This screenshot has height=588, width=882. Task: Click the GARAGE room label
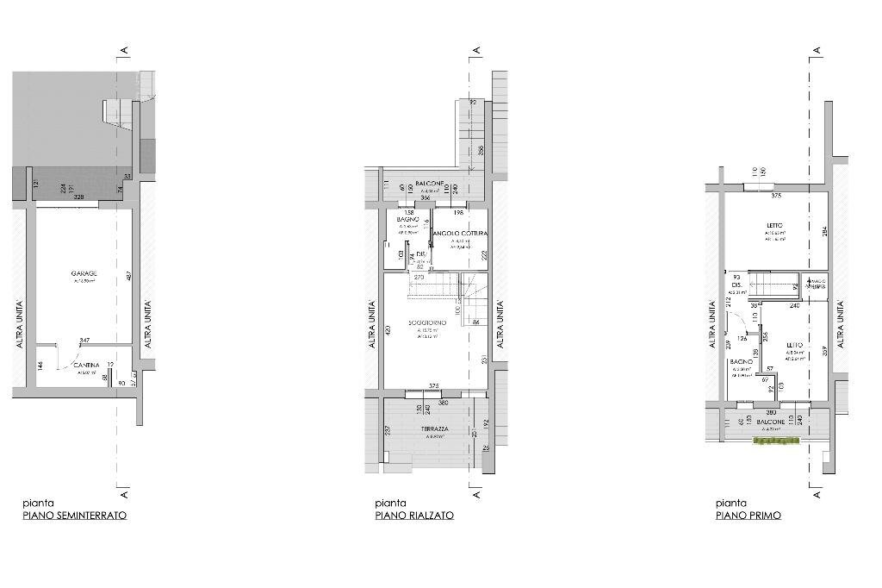[84, 273]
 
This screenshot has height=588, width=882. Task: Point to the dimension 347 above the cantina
[84, 342]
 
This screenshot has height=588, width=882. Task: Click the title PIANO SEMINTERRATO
[75, 516]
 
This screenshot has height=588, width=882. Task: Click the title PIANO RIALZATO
[414, 516]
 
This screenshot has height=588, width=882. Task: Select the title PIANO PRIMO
[748, 516]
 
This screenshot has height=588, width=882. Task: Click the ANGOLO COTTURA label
[460, 234]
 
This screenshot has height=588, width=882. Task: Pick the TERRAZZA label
[434, 428]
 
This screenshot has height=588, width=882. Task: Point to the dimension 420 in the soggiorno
[388, 329]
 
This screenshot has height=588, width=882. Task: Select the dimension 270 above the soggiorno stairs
[419, 278]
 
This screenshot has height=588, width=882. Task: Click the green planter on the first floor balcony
[777, 441]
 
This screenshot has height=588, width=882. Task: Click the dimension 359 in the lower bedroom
[824, 351]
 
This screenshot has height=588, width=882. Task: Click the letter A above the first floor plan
[816, 51]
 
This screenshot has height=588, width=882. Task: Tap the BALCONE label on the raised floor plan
[429, 184]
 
